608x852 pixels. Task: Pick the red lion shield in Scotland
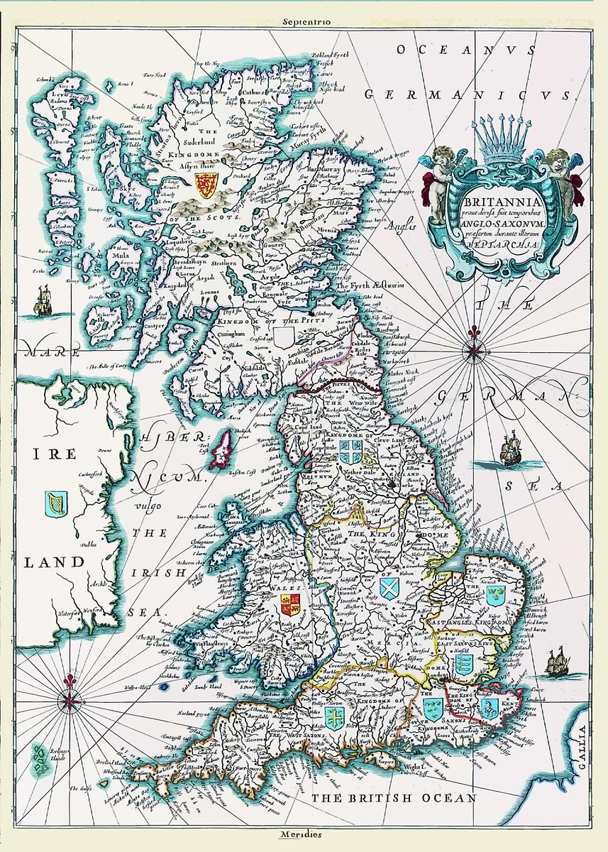(205, 182)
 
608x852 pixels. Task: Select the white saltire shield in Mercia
(388, 588)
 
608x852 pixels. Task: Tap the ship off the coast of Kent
(558, 662)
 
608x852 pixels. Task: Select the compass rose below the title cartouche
(473, 349)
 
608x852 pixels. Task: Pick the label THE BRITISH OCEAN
(382, 798)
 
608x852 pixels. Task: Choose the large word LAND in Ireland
(55, 562)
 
